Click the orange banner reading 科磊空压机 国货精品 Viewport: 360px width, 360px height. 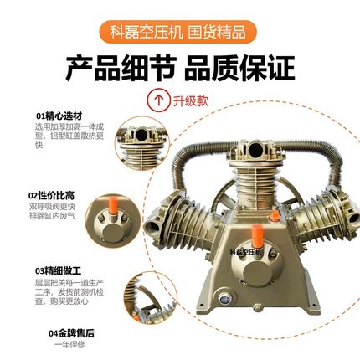coord(179,33)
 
